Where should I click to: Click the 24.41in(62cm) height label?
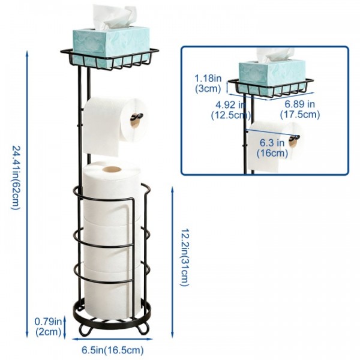pos(16,178)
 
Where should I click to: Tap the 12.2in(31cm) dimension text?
pos(185,257)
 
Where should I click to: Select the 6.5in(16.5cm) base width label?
pos(113,350)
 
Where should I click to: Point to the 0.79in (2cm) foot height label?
pos(48,327)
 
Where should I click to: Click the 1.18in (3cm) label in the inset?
pos(208,83)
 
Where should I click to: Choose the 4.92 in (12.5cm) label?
pos(230,110)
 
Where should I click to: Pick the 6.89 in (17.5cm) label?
pos(300,109)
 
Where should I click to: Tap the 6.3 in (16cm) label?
pos(272,148)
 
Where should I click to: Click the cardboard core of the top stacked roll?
pos(112,169)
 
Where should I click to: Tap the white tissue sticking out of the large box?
pos(113,17)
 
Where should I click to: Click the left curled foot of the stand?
pos(85,329)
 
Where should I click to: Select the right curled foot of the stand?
pos(143,328)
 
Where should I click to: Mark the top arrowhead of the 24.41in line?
pos(27,53)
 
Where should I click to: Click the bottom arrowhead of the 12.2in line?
pos(173,335)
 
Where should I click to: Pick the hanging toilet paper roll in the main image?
pos(115,125)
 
